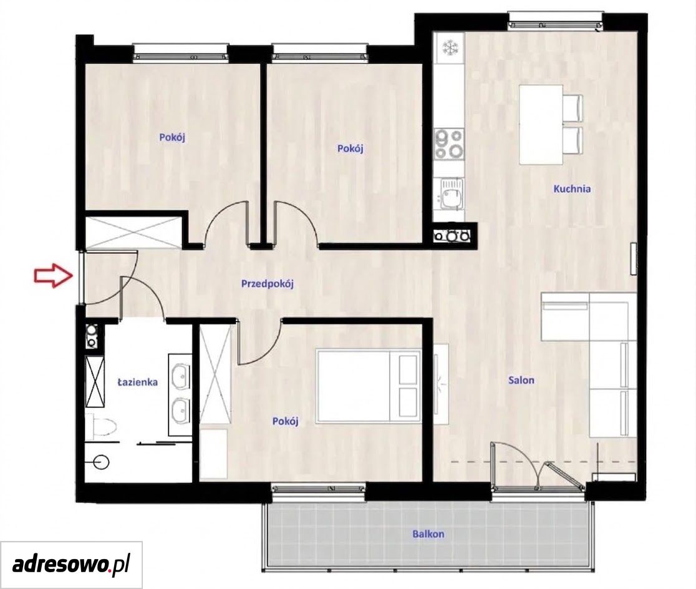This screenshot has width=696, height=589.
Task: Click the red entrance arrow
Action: [54, 275]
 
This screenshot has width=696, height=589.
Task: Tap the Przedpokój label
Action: [268, 284]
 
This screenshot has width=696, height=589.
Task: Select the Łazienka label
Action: [138, 382]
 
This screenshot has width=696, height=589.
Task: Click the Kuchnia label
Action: [572, 189]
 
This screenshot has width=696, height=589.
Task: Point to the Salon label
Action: [521, 380]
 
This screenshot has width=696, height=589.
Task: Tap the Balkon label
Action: [428, 533]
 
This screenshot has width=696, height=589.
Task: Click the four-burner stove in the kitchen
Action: [449, 144]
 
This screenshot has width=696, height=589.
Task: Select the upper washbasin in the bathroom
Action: [180, 372]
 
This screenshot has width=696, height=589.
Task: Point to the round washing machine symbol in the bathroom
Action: [102, 462]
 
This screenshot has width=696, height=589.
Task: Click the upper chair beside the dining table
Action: [573, 108]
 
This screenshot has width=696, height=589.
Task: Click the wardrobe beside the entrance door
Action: [133, 232]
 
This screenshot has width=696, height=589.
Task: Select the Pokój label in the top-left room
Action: [172, 138]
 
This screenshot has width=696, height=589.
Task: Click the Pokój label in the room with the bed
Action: [286, 421]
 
